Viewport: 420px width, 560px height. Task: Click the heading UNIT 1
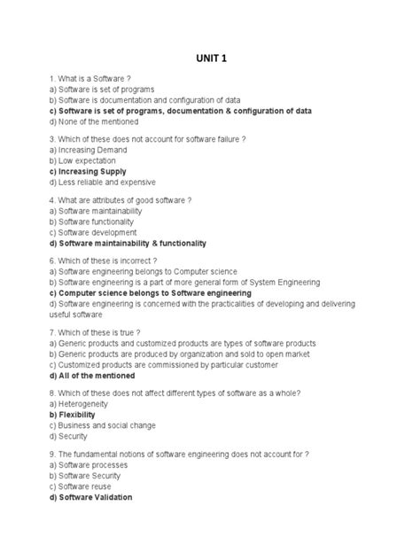pyautogui.click(x=211, y=59)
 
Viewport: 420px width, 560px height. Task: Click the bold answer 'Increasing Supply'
pyautogui.click(x=88, y=171)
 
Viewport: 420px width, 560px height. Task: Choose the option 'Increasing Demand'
pyautogui.click(x=88, y=150)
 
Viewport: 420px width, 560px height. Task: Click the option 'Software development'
pyautogui.click(x=93, y=232)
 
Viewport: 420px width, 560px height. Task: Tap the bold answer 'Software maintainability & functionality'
pyautogui.click(x=128, y=243)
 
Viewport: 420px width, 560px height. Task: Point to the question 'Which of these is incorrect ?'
pyautogui.click(x=104, y=261)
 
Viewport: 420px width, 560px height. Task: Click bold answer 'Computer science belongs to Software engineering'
pyautogui.click(x=151, y=292)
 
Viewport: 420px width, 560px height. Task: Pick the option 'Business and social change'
pyautogui.click(x=102, y=425)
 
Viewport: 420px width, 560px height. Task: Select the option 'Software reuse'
pyautogui.click(x=84, y=486)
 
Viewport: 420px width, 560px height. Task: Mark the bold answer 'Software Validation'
pyautogui.click(x=91, y=497)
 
